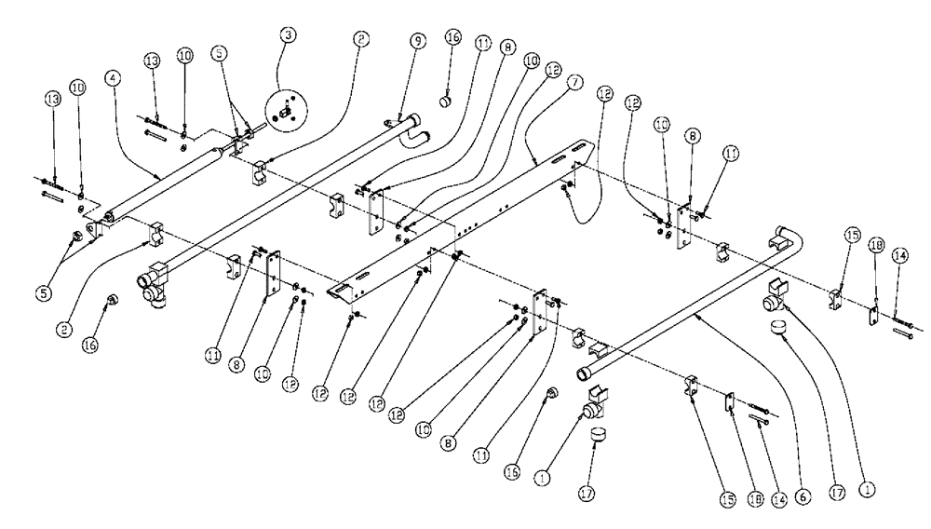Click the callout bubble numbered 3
(290, 34)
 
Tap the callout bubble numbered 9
(417, 41)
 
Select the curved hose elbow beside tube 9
(417, 141)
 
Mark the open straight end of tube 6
(585, 373)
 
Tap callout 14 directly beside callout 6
(779, 499)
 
